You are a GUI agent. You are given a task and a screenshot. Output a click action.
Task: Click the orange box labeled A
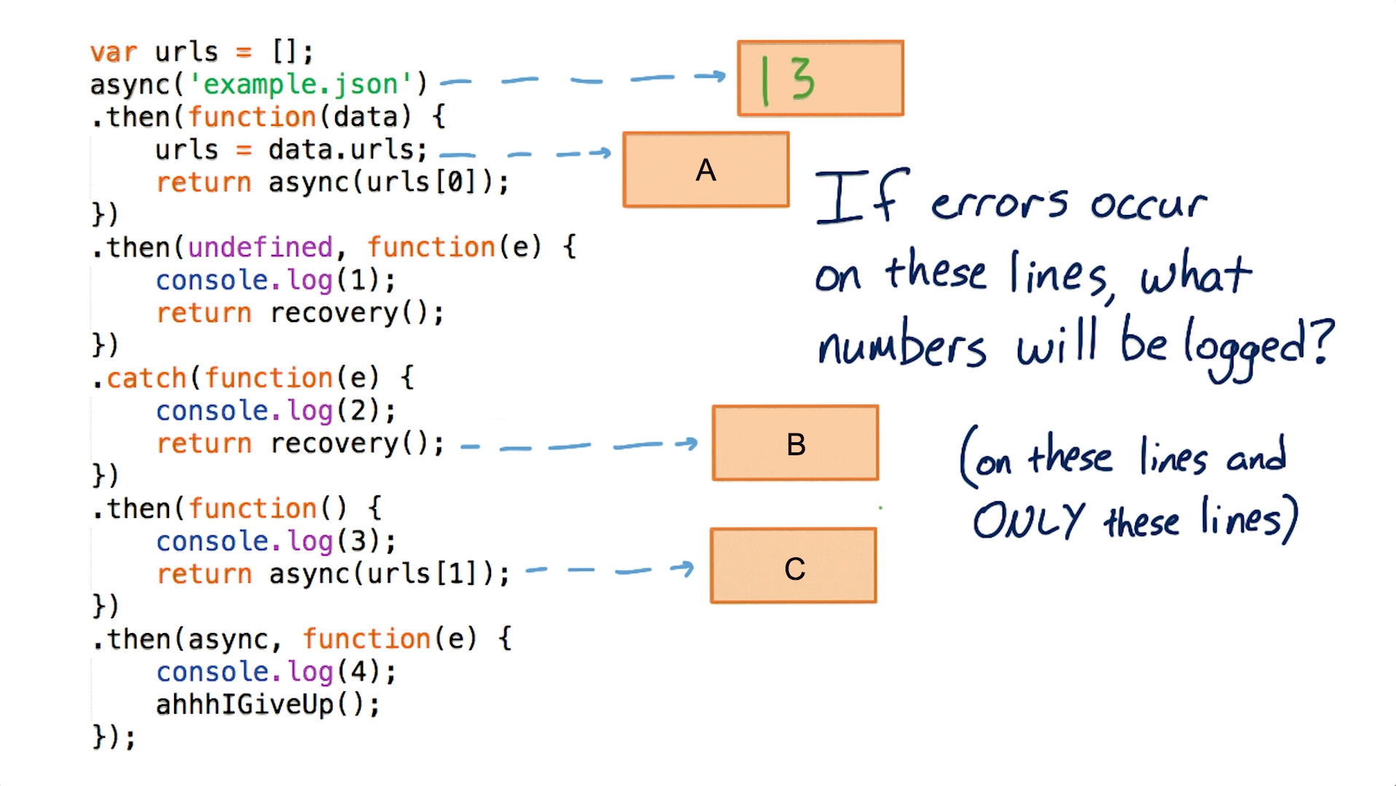pos(705,170)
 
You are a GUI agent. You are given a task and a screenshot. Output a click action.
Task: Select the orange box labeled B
pos(795,443)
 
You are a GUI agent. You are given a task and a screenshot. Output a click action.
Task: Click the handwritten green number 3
pos(801,79)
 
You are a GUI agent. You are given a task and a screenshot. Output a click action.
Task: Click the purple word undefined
pos(260,248)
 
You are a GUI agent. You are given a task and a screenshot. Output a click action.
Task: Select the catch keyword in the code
pos(146,378)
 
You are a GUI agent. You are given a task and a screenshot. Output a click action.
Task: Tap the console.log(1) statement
pos(275,280)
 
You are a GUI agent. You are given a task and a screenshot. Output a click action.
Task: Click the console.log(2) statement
pos(275,411)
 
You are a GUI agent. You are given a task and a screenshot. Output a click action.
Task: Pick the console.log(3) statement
pos(275,541)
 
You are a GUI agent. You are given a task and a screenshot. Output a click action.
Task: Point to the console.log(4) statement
pos(275,672)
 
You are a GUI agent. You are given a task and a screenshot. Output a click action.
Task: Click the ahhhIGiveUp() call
pos(267,704)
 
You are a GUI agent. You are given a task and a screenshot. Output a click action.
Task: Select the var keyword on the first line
pos(113,52)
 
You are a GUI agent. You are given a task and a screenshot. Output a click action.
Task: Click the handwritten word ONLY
pos(1028,520)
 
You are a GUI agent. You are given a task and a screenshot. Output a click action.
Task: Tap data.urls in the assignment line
pos(347,150)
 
